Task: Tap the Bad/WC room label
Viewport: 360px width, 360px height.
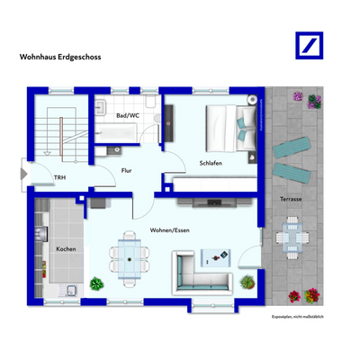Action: (x=128, y=115)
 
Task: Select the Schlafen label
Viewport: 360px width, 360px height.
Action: (x=211, y=163)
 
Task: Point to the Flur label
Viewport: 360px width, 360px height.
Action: (x=128, y=168)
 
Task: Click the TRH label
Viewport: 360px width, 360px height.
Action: (x=59, y=178)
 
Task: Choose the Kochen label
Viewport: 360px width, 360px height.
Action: (x=66, y=248)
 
